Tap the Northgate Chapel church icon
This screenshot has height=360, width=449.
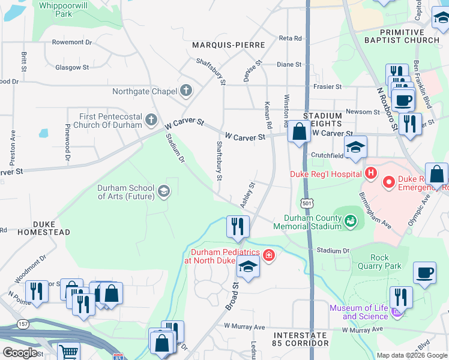pyautogui.click(x=186, y=91)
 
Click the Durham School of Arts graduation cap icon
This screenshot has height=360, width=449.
pyautogui.click(x=163, y=191)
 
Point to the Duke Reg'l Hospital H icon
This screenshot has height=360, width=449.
pyautogui.click(x=371, y=174)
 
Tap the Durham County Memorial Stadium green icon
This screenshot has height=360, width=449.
pyautogui.click(x=350, y=222)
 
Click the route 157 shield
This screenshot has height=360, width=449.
pyautogui.click(x=23, y=324)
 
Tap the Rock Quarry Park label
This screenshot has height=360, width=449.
pyautogui.click(x=379, y=262)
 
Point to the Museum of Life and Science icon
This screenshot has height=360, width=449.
pyautogui.click(x=396, y=312)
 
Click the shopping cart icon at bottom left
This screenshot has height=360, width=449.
pyautogui.click(x=68, y=352)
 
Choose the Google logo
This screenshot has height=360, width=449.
pyautogui.click(x=20, y=353)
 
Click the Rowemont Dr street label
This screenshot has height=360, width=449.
pyautogui.click(x=71, y=43)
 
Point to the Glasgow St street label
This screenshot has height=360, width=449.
pyautogui.click(x=72, y=68)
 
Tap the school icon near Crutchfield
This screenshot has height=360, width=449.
pyautogui.click(x=355, y=147)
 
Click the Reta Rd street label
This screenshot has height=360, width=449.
pyautogui.click(x=291, y=38)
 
